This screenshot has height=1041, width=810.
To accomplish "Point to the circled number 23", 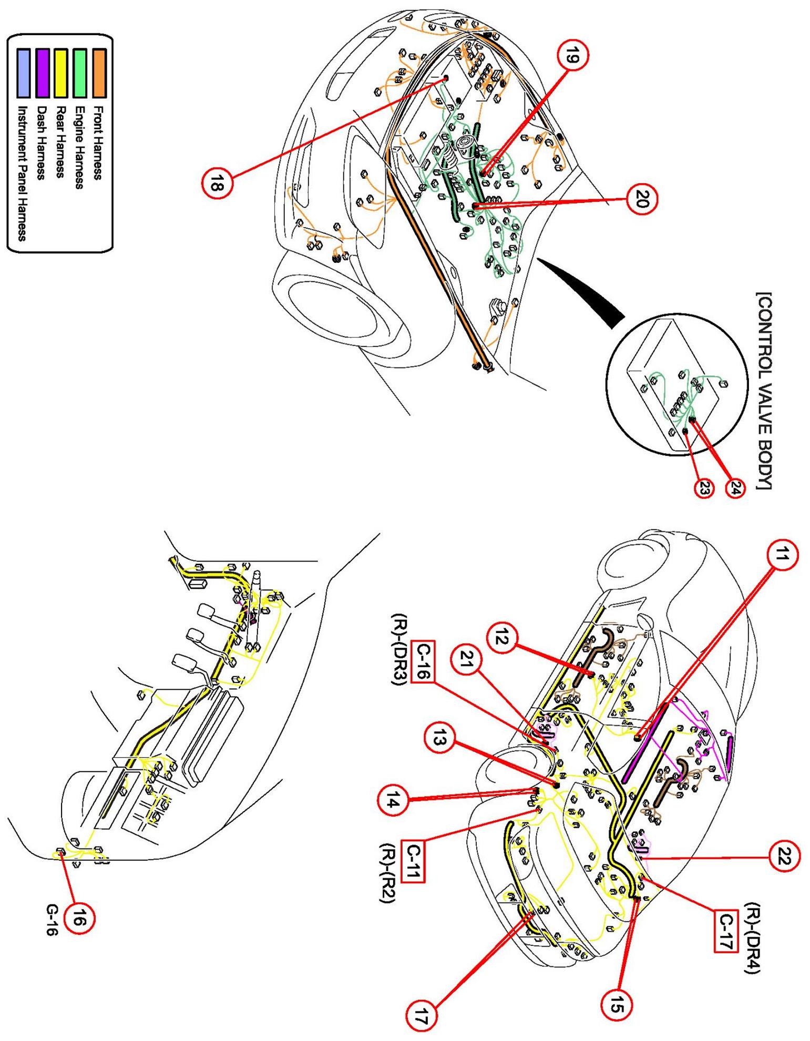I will pos(704,488).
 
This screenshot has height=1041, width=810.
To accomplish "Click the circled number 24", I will pos(734,488).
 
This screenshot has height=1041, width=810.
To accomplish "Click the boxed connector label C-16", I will pos(424,660).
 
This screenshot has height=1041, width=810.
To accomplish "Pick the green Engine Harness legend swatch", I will pos(80,73).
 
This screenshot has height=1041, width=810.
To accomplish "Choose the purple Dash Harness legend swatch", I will pos(42,73).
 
